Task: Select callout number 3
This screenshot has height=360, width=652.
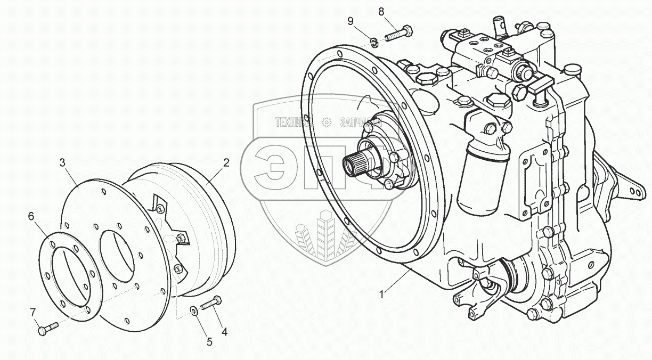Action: coord(62,162)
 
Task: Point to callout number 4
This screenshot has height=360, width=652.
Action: coord(224,331)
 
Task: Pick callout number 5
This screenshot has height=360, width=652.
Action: coord(209,342)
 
